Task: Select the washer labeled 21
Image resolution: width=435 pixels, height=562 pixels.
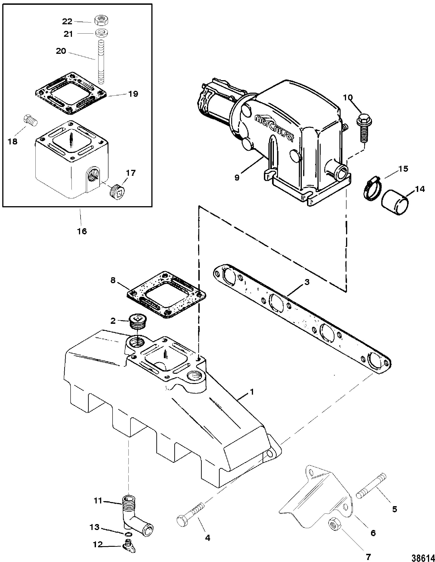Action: tap(101, 33)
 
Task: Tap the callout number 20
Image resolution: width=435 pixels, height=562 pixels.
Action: tap(61, 51)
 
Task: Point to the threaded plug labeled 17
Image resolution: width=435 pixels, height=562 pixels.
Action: tap(117, 191)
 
